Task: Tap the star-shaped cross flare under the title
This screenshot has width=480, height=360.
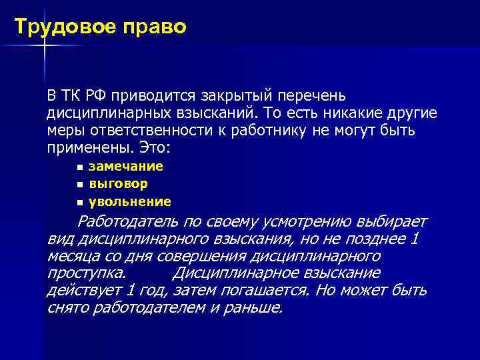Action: click(x=46, y=45)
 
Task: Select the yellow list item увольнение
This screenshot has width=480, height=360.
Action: click(x=130, y=201)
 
